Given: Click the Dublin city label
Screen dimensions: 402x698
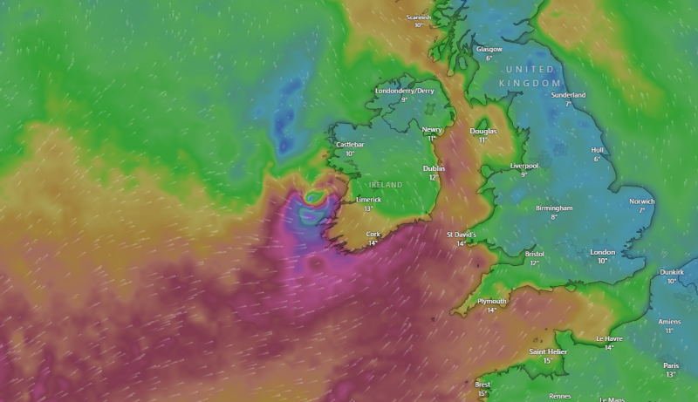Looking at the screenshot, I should click(x=434, y=168).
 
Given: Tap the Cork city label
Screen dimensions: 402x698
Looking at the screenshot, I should click(x=373, y=234).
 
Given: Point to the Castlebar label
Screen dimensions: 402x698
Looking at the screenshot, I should click(x=349, y=144).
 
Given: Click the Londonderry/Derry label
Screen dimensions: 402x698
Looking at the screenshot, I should click(x=404, y=91).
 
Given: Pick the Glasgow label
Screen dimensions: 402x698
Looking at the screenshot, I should click(x=489, y=50).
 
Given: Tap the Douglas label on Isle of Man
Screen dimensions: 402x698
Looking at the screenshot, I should click(x=482, y=131).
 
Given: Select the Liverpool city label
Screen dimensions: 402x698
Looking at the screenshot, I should click(x=524, y=166).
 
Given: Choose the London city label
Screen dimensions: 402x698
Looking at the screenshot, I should click(x=602, y=252).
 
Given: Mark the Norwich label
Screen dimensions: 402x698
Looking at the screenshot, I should click(x=641, y=201).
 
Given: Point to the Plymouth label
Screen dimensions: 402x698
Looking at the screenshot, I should click(x=491, y=301).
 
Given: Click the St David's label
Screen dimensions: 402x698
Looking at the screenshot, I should click(x=461, y=235).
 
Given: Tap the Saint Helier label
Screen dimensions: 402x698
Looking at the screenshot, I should click(x=548, y=351).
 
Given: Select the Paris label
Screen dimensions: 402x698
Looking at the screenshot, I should click(x=670, y=365).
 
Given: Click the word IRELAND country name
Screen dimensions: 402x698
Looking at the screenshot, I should click(x=386, y=185).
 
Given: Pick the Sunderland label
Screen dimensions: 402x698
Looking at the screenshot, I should click(x=568, y=95).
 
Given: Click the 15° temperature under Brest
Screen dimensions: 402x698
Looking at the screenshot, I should click(x=482, y=393).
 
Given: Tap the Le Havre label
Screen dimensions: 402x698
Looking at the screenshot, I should click(x=610, y=338).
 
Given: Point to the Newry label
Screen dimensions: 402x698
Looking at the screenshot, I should click(x=432, y=129).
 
